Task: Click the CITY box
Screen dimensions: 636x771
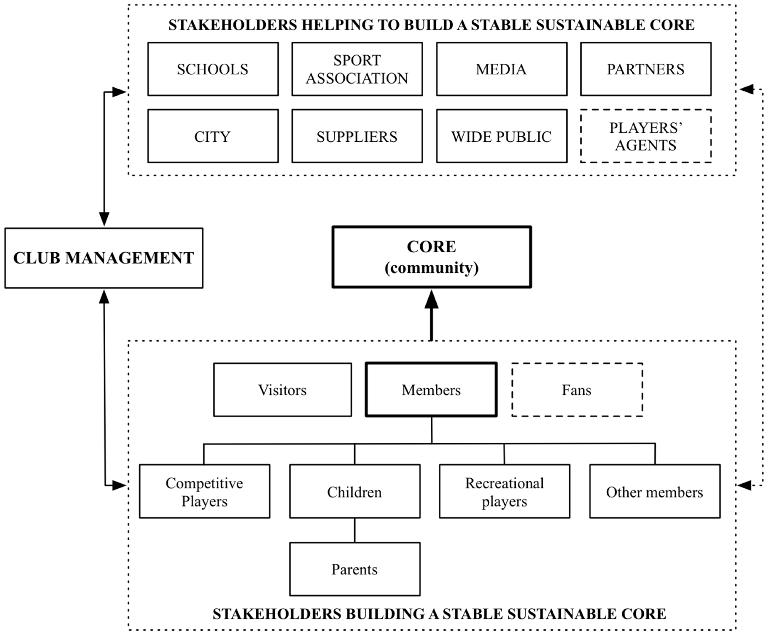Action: point(213,136)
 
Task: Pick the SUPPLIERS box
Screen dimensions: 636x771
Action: point(357,136)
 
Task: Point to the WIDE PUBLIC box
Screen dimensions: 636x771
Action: point(501,136)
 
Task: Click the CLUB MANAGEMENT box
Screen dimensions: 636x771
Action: point(104,258)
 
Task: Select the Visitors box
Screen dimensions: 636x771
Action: point(282,390)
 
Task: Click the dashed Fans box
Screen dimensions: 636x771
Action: point(577,390)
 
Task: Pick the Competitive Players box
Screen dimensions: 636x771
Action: point(204,492)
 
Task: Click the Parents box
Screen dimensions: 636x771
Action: point(354,569)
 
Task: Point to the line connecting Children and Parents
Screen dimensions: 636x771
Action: point(354,530)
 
